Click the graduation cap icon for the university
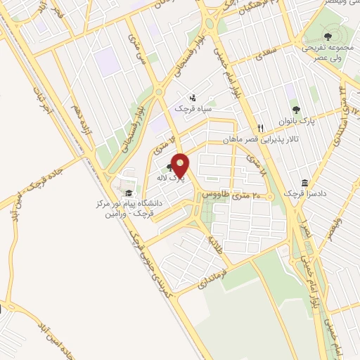(x=128, y=193)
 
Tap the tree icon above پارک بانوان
(x=296, y=109)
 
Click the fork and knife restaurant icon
(x=260, y=128)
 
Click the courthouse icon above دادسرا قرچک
(x=304, y=181)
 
